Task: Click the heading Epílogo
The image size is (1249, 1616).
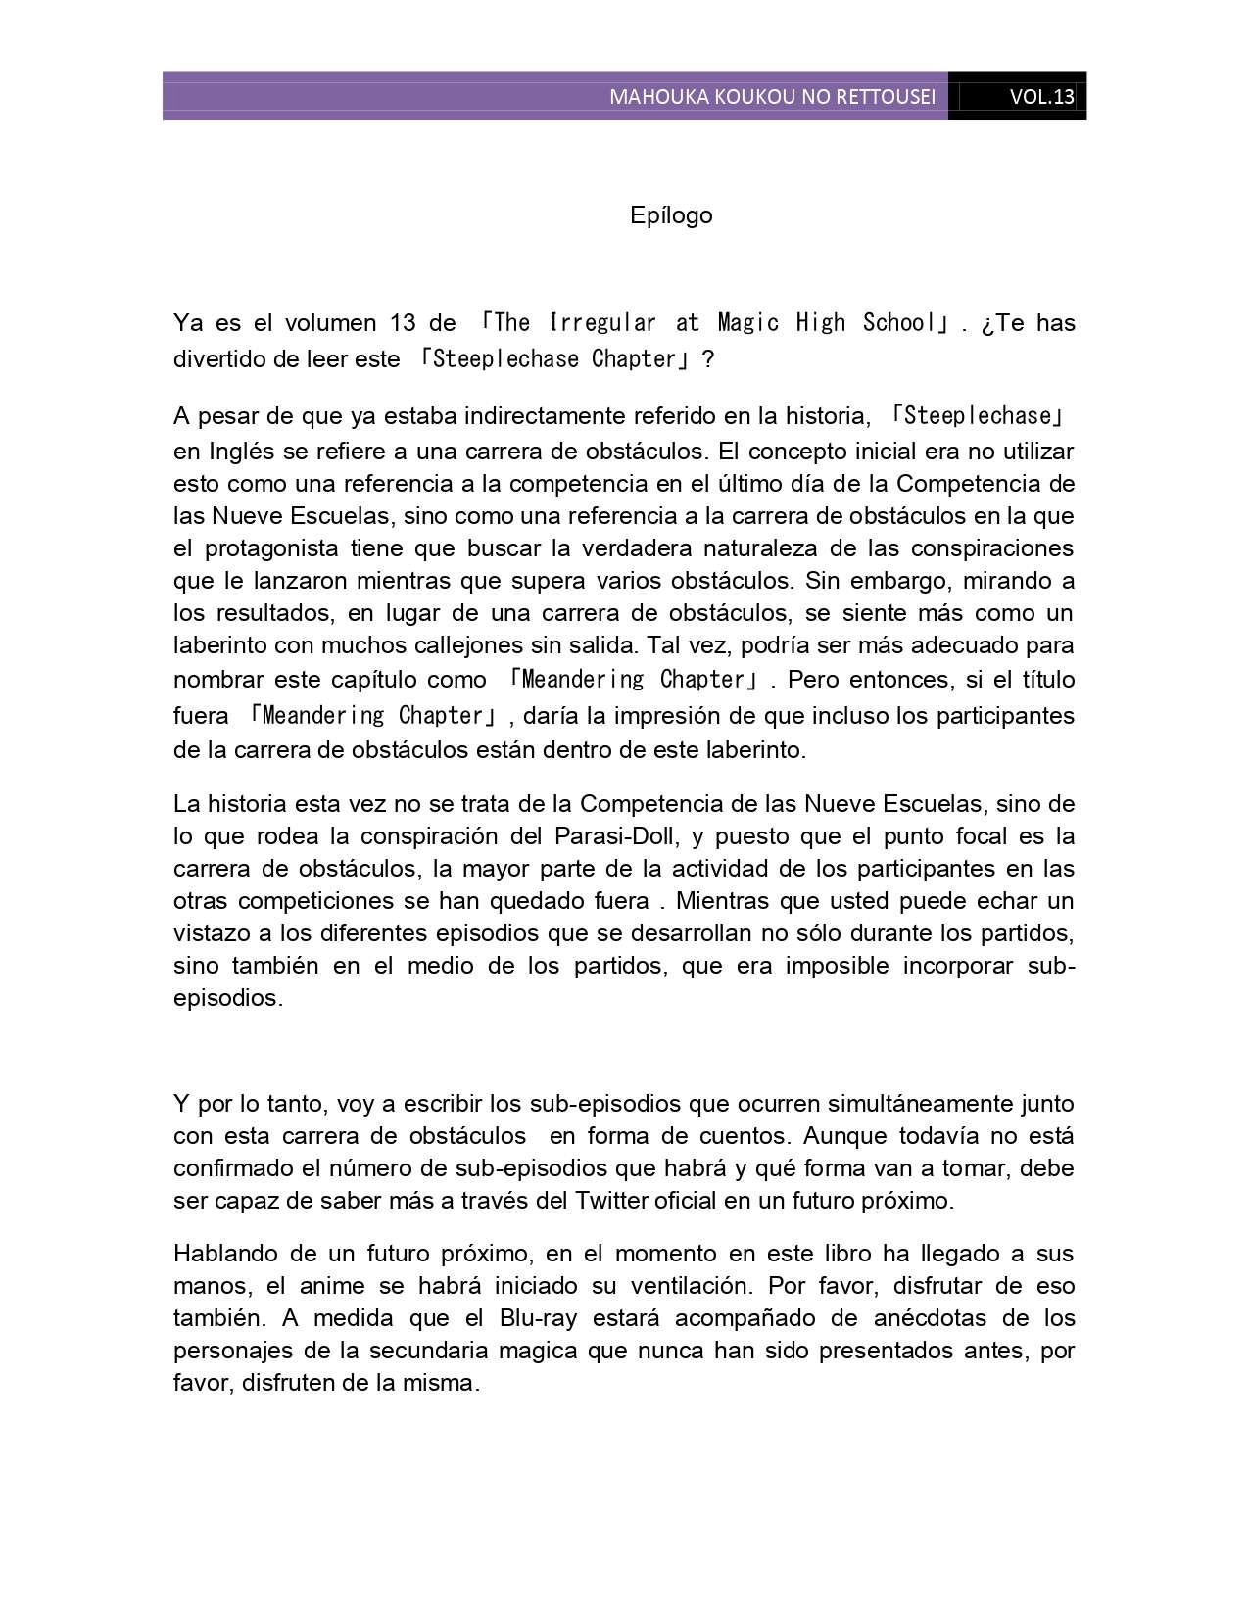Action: click(x=671, y=215)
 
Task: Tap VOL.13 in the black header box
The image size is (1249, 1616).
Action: click(x=1041, y=97)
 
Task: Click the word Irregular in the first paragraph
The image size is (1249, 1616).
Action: click(x=602, y=323)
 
